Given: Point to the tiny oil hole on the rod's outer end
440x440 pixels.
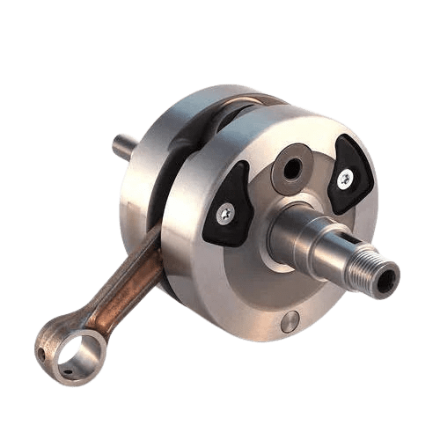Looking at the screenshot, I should pyautogui.click(x=40, y=354).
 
